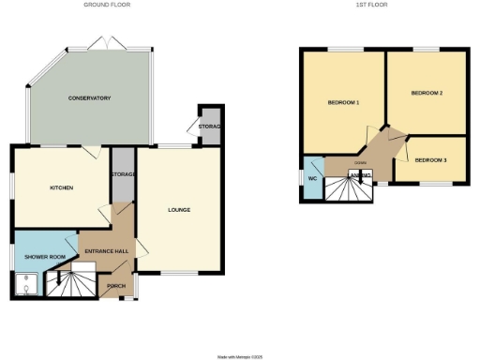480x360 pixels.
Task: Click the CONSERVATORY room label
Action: tap(90, 98)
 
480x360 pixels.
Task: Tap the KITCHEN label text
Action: tap(61, 187)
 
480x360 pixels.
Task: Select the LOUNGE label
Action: tap(179, 209)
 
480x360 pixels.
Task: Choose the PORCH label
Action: tap(117, 285)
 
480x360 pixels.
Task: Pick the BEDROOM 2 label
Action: tap(427, 93)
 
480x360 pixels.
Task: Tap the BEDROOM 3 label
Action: tap(431, 160)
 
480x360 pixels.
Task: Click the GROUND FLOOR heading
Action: tap(107, 5)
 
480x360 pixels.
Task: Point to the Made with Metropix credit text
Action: tap(241, 355)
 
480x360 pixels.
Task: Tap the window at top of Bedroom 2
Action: tap(426, 49)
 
